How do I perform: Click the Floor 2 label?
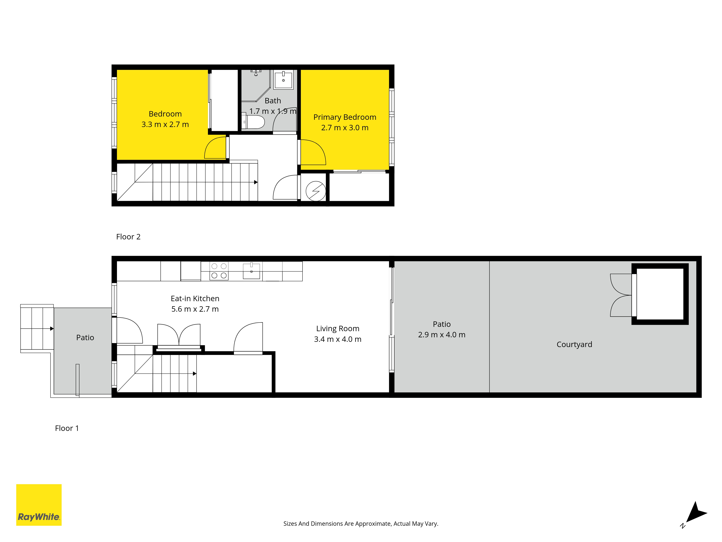[x=128, y=237]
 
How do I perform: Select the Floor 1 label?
[x=67, y=428]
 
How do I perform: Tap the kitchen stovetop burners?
[x=219, y=271]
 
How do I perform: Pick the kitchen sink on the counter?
[x=251, y=271]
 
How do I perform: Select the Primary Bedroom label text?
[x=345, y=117]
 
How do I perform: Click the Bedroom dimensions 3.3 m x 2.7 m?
[x=165, y=124]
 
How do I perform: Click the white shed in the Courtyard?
[x=660, y=294]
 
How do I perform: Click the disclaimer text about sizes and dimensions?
[x=361, y=524]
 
